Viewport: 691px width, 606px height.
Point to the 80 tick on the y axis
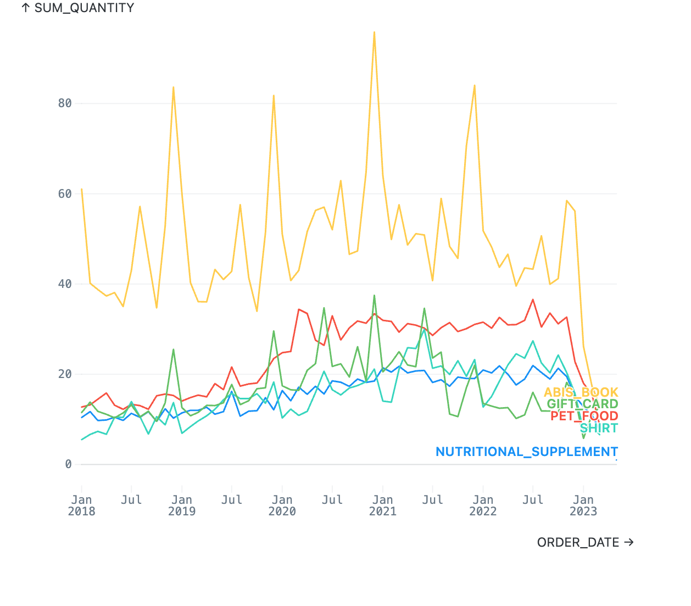[x=65, y=103]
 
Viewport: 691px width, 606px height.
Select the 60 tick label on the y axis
[x=65, y=193]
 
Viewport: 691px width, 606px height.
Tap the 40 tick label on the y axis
[x=65, y=284]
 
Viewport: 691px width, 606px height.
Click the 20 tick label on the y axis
[x=65, y=374]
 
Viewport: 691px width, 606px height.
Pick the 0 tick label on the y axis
[x=68, y=464]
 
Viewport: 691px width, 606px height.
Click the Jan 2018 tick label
[x=81, y=505]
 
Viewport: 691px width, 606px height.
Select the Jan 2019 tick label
[x=182, y=505]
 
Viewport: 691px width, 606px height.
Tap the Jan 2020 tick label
[x=282, y=505]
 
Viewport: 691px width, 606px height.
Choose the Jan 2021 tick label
[x=383, y=505]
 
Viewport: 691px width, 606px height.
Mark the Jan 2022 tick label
[x=483, y=505]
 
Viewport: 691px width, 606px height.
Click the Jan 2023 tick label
[x=583, y=505]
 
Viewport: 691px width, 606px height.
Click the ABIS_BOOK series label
[x=581, y=392]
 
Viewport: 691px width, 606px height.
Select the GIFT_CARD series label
[x=582, y=404]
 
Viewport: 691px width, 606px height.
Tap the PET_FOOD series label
[x=584, y=416]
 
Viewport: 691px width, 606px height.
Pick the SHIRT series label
[x=599, y=428]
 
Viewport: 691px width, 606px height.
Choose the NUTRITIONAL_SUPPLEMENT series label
[x=527, y=452]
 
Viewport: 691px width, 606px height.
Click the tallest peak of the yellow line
[x=374, y=32]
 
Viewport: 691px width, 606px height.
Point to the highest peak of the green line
[x=374, y=296]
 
